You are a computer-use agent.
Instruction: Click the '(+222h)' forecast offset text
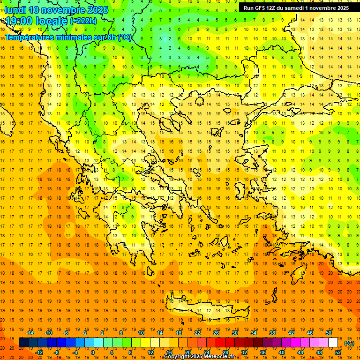(x=83, y=21)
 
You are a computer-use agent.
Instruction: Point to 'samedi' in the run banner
(x=304, y=8)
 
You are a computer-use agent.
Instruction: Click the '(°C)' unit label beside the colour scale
(x=349, y=343)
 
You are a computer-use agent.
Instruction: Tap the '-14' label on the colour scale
(x=30, y=333)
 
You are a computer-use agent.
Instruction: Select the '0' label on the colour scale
(x=93, y=352)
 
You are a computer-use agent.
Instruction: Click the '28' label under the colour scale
(x=225, y=352)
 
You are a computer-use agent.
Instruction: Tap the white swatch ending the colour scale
(x=333, y=343)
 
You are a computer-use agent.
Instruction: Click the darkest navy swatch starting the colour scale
(x=23, y=343)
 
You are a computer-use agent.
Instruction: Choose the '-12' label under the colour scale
(x=39, y=352)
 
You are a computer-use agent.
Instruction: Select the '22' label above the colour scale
(x=197, y=333)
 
